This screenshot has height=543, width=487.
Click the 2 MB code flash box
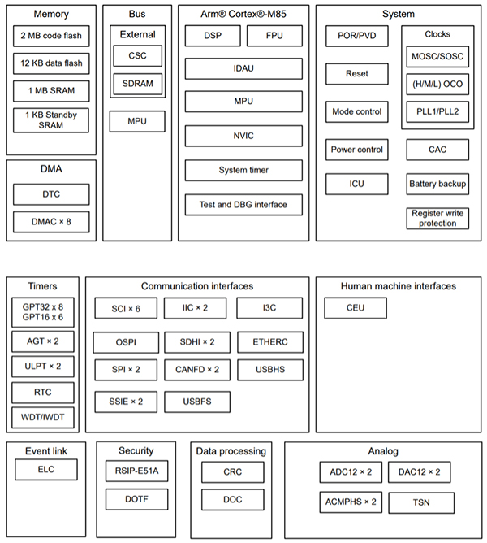pos(50,37)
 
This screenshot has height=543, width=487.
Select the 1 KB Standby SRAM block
pos(50,120)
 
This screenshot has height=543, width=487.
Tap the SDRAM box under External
pos(137,84)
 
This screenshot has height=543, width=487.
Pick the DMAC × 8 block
pos(50,220)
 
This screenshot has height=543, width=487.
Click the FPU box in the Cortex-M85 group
pos(274,36)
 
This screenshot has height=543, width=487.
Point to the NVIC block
pos(243,136)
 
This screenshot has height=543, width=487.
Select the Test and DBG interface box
pos(243,204)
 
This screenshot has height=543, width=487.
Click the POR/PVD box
pos(356,37)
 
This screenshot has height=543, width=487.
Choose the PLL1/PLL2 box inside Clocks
pos(437,112)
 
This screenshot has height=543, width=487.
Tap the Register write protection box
pos(437,218)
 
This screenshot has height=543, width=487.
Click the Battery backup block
pos(437,184)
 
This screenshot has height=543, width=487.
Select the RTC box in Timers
pos(43,393)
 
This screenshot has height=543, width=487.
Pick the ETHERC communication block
pos(270,342)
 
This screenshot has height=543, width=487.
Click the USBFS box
pos(197,402)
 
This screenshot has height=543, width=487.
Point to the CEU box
pos(356,308)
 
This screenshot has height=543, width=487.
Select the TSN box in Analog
pos(420,502)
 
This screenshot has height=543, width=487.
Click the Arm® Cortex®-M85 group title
pos(243,14)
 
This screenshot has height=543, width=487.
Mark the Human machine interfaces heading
pos(398,286)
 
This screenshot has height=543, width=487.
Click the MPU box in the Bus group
pos(137,121)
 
